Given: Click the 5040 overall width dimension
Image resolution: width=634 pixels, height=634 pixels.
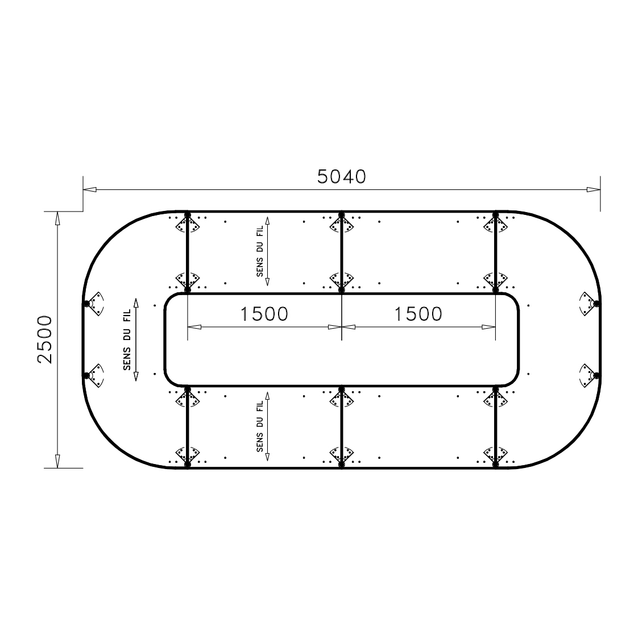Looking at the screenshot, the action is pos(342,177).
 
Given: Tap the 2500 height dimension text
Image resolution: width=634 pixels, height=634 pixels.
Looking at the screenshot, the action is pos(45,339).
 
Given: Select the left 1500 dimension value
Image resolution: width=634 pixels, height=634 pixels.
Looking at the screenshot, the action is pos(264,314).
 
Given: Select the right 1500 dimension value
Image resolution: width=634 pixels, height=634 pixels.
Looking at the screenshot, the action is pos(418,314).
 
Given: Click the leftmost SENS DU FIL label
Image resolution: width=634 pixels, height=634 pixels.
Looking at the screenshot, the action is pos(127,339).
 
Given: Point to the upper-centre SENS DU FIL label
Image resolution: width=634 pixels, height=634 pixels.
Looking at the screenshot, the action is pos(260,251).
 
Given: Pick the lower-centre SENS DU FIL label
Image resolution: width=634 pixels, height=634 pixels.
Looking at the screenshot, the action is pos(260,426).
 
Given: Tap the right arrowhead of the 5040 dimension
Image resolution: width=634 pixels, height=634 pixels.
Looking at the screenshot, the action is pos(594,189).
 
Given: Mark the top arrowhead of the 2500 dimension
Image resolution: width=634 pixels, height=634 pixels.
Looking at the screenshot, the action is pos(57,218).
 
